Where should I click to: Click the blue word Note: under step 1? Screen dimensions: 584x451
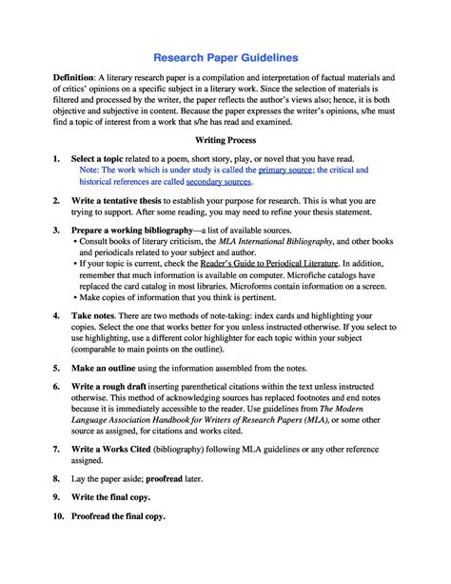[x=80, y=169]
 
